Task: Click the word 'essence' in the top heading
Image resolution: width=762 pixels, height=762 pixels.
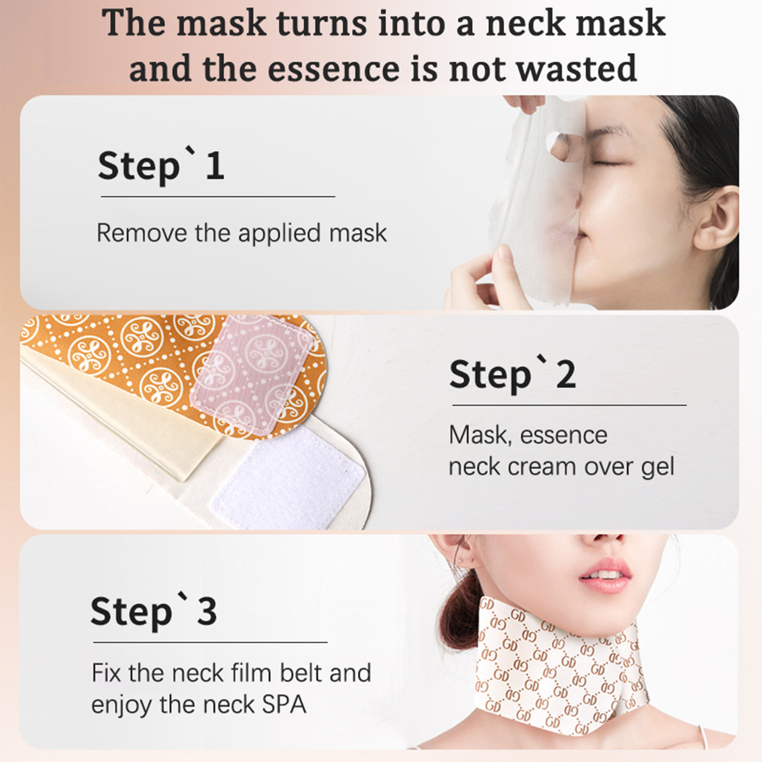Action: coord(334,68)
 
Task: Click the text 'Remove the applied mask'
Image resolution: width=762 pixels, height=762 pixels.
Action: coord(241,233)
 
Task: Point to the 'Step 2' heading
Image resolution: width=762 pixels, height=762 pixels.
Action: coord(512,375)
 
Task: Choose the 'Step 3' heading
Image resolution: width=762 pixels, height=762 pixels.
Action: coord(154,612)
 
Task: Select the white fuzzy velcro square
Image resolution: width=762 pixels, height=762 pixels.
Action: coord(288,477)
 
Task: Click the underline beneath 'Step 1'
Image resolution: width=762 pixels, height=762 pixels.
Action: coord(218,196)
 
